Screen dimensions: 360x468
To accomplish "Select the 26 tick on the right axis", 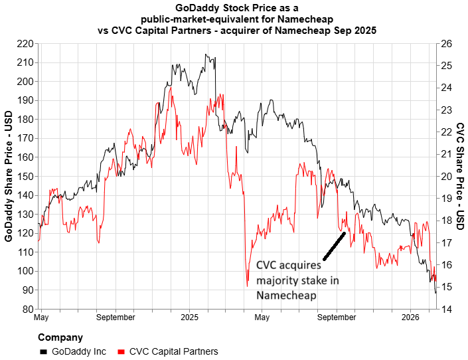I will [x=445, y=44].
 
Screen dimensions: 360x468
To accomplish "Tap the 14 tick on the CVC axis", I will [x=445, y=310].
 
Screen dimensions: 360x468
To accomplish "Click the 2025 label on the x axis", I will [x=189, y=318].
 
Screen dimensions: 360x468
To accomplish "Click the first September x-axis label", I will [x=116, y=318].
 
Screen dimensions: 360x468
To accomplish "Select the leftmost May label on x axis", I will [x=41, y=318].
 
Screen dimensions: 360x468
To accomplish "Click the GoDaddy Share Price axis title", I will [x=9, y=176].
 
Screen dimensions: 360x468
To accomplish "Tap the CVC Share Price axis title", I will [x=459, y=176].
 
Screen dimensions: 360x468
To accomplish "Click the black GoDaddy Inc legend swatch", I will [x=44, y=351].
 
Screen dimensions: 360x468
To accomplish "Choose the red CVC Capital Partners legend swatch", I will [x=121, y=351].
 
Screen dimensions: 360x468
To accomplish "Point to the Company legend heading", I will [x=60, y=337].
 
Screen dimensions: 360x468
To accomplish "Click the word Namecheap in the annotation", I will [x=286, y=296].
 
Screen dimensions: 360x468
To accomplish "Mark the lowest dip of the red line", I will [x=247, y=286].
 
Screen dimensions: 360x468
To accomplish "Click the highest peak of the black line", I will [x=206, y=54].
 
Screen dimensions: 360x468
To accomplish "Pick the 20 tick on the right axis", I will [x=445, y=177].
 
